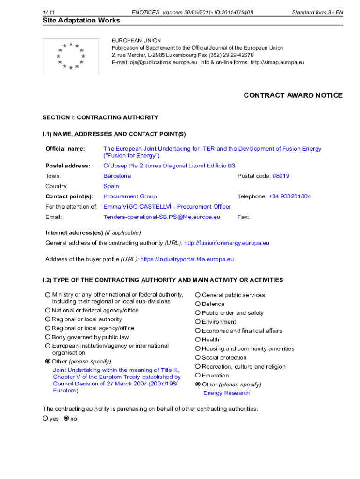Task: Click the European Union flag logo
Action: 71,56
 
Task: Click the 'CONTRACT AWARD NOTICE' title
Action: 293,95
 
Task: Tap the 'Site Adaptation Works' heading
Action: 81,20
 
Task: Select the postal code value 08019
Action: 281,176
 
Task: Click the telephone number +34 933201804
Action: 289,196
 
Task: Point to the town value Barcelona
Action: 117,176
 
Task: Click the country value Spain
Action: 111,186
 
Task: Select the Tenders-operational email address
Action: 162,217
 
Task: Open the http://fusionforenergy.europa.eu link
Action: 227,243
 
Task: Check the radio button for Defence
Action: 198,304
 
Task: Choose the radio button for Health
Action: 198,340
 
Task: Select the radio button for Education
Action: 198,376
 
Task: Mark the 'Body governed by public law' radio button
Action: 48,337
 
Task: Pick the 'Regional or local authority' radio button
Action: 48,319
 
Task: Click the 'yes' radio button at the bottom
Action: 46,419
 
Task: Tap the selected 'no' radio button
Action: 66,419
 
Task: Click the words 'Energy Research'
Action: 226,393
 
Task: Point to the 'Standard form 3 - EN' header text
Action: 317,12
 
